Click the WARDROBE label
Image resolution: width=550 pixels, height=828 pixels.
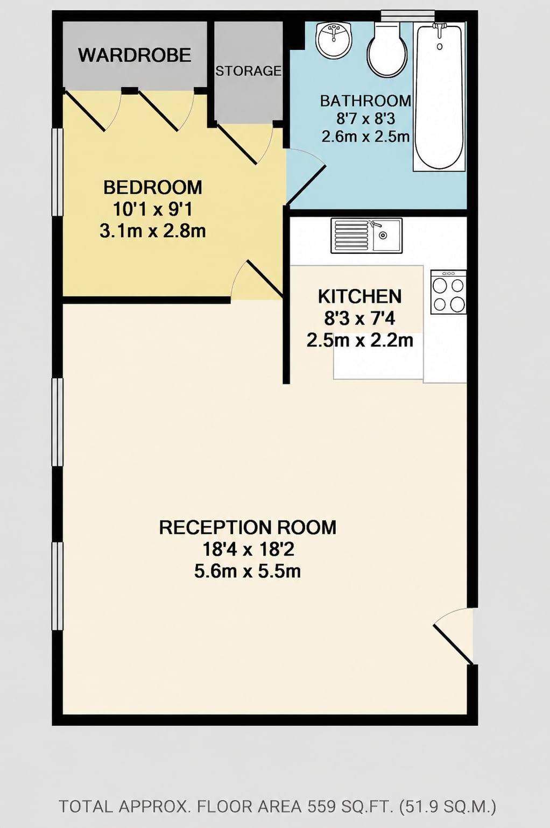pos(135,55)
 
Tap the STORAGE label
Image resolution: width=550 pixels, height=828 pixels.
pos(249,70)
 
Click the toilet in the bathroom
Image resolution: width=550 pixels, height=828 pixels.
pos(387,49)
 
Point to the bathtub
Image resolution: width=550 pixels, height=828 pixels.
pos(439,96)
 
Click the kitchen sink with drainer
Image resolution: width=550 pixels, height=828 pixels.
pos(366,236)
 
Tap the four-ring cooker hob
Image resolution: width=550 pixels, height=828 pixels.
pos(448,292)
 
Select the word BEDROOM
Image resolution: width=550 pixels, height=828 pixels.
pos(153,187)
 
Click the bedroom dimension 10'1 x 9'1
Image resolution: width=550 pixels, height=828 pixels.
pos(153,210)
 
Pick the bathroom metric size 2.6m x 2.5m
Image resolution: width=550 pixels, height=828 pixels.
pos(365,137)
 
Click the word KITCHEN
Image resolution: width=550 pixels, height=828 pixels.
pos(359,296)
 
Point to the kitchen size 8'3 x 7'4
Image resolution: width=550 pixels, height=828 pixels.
pos(359,319)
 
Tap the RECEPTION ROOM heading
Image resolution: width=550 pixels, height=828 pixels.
pos(248,527)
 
